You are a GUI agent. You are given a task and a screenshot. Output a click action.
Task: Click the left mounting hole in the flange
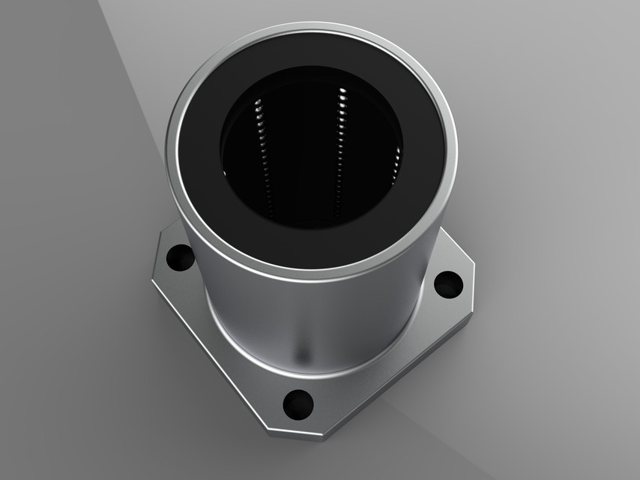(180, 258)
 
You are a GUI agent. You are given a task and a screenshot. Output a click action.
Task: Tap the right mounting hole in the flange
(448, 283)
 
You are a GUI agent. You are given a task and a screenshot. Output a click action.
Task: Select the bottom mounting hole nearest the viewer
(298, 403)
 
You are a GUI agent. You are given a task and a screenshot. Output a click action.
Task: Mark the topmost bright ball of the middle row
(342, 91)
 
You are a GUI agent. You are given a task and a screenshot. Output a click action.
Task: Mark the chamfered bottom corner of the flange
(300, 435)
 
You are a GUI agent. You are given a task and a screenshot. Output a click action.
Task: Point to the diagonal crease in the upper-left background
(131, 67)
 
